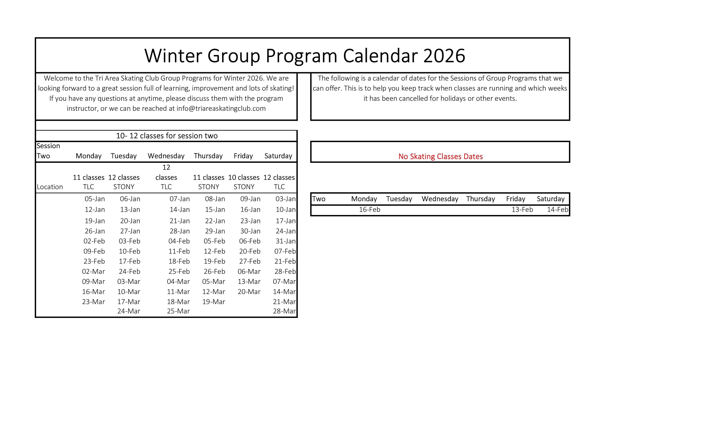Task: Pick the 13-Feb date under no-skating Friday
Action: (522, 210)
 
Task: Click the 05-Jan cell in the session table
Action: (95, 199)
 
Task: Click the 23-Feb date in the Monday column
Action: (94, 261)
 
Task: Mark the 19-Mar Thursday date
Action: (213, 302)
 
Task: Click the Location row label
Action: (50, 187)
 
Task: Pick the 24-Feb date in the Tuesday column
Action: (129, 271)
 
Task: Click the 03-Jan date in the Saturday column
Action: (285, 199)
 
